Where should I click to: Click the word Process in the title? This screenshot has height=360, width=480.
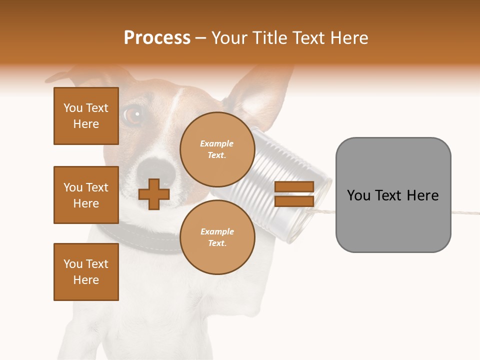[x=157, y=38]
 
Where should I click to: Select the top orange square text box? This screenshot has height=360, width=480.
[x=86, y=116]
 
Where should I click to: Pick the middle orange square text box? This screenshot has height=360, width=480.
[x=86, y=195]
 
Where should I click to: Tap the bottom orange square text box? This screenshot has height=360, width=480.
[x=86, y=272]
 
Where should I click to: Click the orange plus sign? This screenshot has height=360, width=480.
[x=154, y=194]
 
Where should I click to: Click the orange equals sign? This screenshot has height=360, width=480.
[x=294, y=194]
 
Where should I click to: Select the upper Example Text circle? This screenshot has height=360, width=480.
[x=217, y=149]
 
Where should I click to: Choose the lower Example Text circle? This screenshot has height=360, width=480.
[x=217, y=237]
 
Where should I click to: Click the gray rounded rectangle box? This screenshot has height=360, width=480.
[x=393, y=194]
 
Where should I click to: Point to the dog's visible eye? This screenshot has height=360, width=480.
[x=132, y=115]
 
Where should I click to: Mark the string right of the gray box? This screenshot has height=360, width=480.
[x=465, y=213]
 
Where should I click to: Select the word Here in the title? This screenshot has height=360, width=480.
[x=349, y=38]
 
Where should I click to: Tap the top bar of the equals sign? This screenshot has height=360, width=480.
[x=294, y=186]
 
